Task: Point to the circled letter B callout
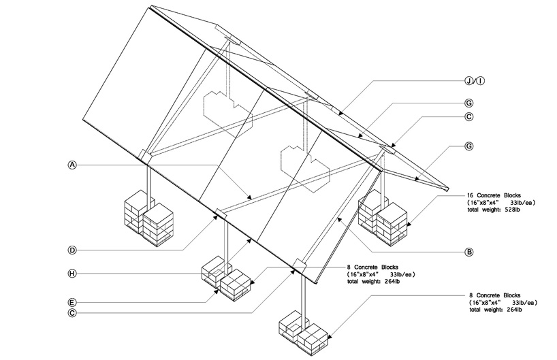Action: point(469,252)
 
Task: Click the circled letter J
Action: point(469,82)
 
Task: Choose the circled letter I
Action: point(481,82)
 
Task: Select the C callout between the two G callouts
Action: point(469,116)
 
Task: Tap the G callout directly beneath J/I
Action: point(469,103)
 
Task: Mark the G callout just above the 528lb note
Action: point(469,146)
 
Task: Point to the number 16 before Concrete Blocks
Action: point(471,195)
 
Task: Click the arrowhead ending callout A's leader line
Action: point(251,197)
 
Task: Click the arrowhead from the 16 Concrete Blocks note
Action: point(409,225)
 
